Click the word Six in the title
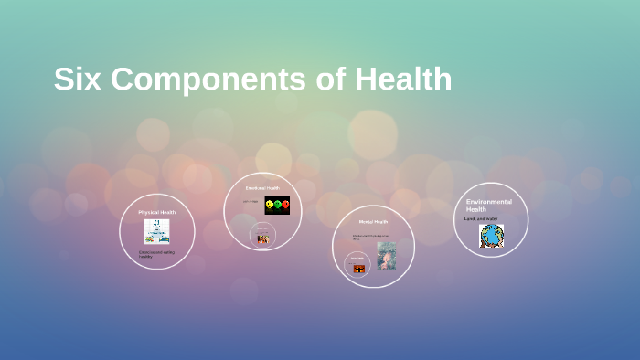pyautogui.click(x=75, y=79)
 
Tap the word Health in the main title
pyautogui.click(x=403, y=79)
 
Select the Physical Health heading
pyautogui.click(x=156, y=211)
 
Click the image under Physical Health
pyautogui.click(x=156, y=231)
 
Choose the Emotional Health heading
pyautogui.click(x=262, y=188)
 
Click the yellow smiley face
pyautogui.click(x=270, y=205)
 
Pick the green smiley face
pyautogui.click(x=277, y=205)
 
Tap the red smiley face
pyautogui.click(x=284, y=205)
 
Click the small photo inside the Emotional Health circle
pyautogui.click(x=263, y=238)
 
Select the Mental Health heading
pyautogui.click(x=373, y=221)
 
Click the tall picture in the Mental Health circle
pyautogui.click(x=386, y=255)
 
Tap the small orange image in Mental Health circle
pyautogui.click(x=359, y=269)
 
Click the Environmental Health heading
pyautogui.click(x=488, y=205)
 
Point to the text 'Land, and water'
pyautogui.click(x=479, y=218)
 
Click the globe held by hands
pyautogui.click(x=492, y=237)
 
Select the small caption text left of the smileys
pyautogui.click(x=250, y=201)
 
